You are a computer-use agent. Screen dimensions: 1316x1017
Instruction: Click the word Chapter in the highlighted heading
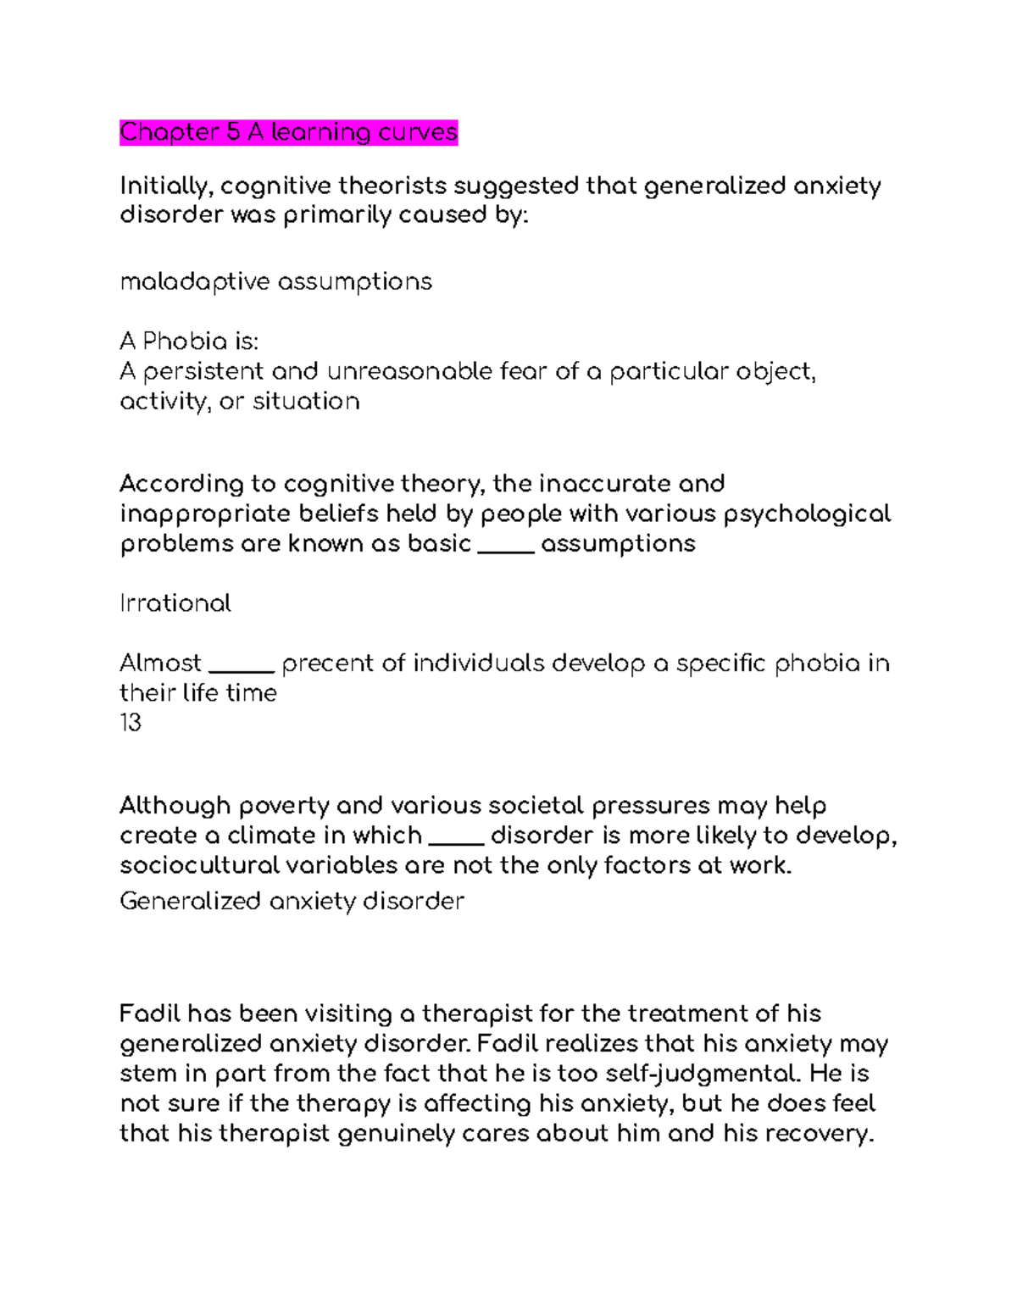[169, 133]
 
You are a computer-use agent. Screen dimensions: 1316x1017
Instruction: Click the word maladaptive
[195, 282]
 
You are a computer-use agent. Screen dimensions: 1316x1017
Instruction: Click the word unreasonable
[408, 371]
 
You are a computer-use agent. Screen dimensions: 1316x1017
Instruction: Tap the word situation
[306, 401]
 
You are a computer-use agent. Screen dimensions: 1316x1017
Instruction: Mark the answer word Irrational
[175, 603]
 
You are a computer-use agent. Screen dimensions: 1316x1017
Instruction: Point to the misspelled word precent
[327, 664]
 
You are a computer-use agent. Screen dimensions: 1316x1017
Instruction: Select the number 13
[131, 723]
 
